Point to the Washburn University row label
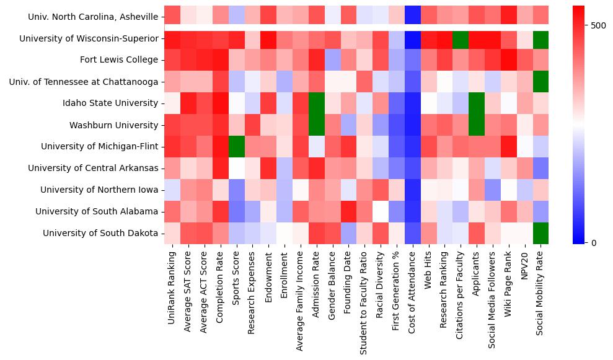(113, 125)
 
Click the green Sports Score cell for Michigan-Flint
(236, 147)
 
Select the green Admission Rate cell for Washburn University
(316, 125)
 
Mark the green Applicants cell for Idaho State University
(476, 103)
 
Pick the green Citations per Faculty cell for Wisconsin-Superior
(460, 38)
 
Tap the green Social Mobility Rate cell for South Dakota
(540, 233)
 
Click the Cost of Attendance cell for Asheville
(412, 17)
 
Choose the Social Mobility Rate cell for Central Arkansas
(540, 168)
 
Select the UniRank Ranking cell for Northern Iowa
(172, 190)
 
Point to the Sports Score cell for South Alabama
(236, 211)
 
